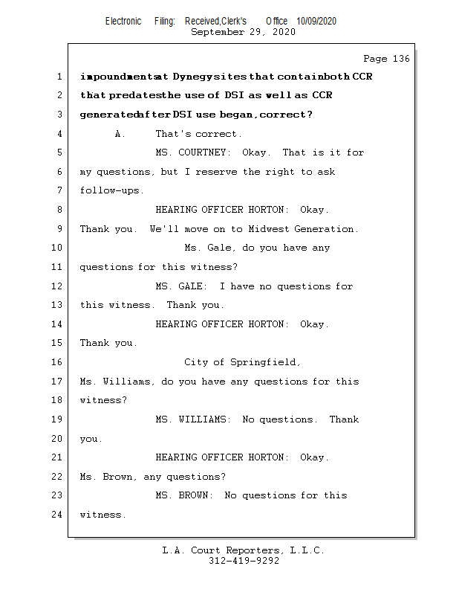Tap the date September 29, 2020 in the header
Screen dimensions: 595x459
click(243, 32)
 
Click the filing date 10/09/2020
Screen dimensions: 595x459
click(316, 21)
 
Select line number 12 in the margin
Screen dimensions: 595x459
click(58, 286)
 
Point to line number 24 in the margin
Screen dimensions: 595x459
click(58, 515)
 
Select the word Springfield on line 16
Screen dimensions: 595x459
click(265, 362)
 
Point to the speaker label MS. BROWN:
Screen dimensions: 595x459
click(184, 495)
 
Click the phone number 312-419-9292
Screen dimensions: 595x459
click(244, 561)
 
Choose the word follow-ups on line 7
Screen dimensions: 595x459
click(112, 191)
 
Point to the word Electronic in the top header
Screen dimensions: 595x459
click(123, 21)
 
